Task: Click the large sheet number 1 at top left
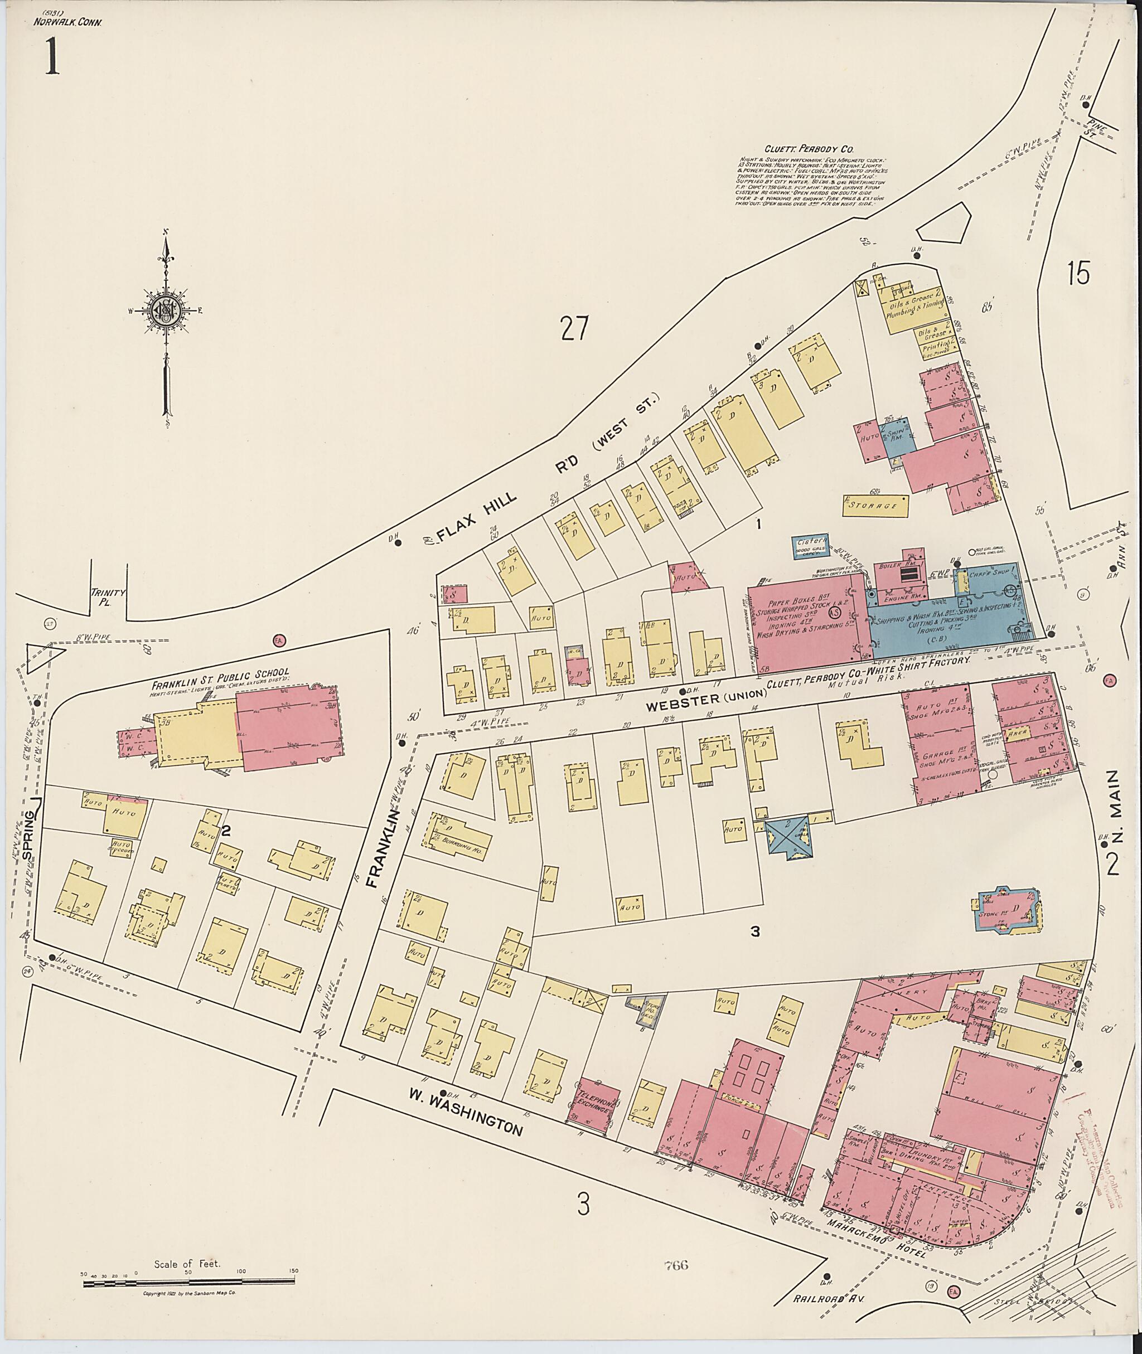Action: pos(51,56)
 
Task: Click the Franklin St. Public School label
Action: pos(220,671)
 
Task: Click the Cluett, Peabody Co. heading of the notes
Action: pos(800,148)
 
